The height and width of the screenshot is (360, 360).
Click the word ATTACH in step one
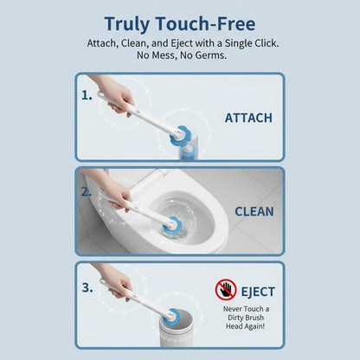pos(248,118)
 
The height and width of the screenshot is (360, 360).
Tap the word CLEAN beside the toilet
pos(254,211)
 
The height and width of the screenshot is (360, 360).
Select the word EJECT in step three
pos(258,292)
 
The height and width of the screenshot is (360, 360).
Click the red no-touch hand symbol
pos(226,289)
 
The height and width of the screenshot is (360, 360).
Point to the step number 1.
pos(87,95)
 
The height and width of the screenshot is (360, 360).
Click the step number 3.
pos(87,287)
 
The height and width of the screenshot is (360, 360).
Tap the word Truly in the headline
pos(127,24)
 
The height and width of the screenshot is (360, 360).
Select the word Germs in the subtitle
pos(210,55)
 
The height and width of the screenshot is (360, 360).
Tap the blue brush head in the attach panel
pos(179,135)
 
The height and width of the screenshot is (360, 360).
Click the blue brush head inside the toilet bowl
pos(172,225)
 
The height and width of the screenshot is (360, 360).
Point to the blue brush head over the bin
pos(171,316)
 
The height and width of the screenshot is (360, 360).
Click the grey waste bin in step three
pos(176,329)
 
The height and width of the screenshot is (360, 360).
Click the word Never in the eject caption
pos(233,309)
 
